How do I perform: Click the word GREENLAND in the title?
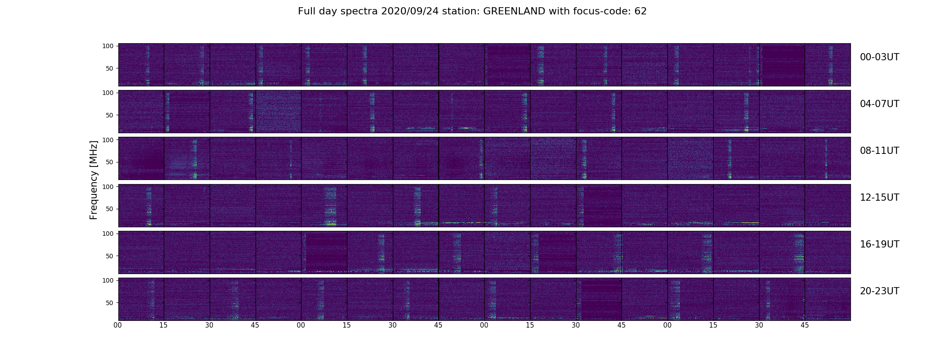click(514, 12)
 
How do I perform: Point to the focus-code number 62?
click(640, 12)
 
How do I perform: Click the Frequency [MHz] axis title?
click(94, 180)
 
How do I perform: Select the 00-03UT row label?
click(879, 57)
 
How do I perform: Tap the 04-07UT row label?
click(879, 104)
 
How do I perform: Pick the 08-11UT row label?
click(879, 151)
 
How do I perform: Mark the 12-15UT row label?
click(879, 198)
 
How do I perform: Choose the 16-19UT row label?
click(879, 244)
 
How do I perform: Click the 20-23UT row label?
click(879, 291)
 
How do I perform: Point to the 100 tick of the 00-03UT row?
click(108, 46)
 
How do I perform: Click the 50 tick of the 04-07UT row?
click(109, 115)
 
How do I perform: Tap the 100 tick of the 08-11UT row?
click(108, 139)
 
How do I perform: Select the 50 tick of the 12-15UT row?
click(109, 209)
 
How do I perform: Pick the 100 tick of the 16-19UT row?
click(108, 233)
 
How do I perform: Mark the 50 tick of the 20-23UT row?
click(109, 302)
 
